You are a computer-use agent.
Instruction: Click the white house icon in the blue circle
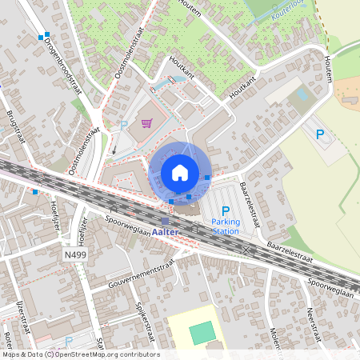click(180, 172)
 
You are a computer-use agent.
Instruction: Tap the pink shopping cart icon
click(146, 123)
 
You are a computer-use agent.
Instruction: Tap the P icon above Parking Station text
click(226, 210)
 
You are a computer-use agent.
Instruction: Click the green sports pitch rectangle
click(202, 332)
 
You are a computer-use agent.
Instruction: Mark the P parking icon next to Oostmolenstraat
click(124, 125)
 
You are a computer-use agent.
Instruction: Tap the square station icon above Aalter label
click(165, 221)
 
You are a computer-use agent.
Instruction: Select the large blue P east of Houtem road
click(320, 134)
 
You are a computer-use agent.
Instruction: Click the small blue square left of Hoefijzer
click(35, 192)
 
